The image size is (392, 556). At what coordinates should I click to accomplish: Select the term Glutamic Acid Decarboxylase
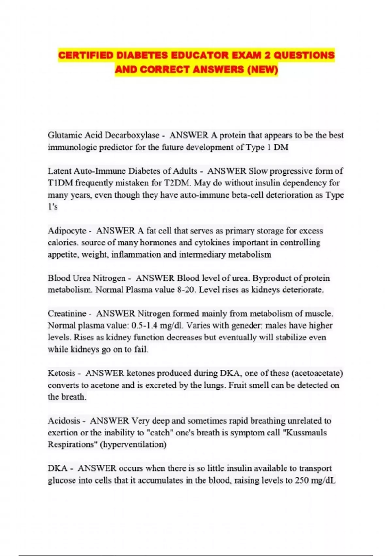(x=104, y=135)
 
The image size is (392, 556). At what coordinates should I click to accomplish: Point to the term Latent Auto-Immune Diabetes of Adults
(x=122, y=171)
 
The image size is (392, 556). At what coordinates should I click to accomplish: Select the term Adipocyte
(x=67, y=231)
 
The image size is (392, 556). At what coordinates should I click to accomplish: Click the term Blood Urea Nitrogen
(x=87, y=278)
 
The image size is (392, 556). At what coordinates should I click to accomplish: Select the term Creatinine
(x=67, y=313)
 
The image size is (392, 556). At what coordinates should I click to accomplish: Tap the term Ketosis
(x=61, y=373)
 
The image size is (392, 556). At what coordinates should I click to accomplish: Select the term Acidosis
(x=64, y=421)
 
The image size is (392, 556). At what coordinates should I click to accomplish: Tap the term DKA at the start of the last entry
(x=57, y=468)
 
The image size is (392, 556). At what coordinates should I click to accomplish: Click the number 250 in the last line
(x=302, y=480)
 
